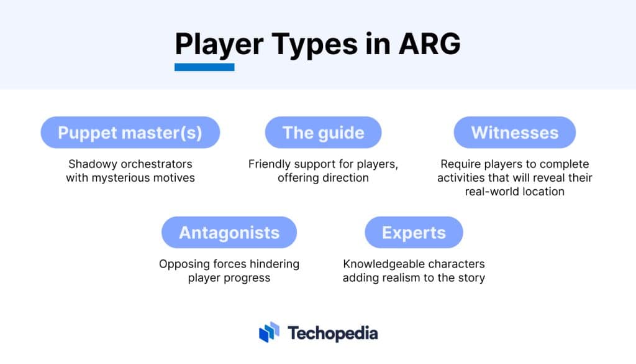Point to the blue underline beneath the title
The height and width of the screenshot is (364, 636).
tap(204, 67)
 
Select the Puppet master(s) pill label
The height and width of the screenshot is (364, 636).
tap(130, 133)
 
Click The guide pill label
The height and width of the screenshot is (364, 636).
tap(323, 133)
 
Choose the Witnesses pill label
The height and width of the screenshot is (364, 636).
tap(514, 133)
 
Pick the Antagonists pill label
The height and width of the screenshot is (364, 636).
tap(229, 233)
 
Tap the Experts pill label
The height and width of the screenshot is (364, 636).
tap(414, 233)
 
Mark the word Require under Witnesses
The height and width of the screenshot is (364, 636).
tap(463, 164)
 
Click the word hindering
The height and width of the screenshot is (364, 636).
tap(274, 264)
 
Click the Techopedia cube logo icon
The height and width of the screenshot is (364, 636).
tap(270, 333)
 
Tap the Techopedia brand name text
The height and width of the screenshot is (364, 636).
tap(332, 333)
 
